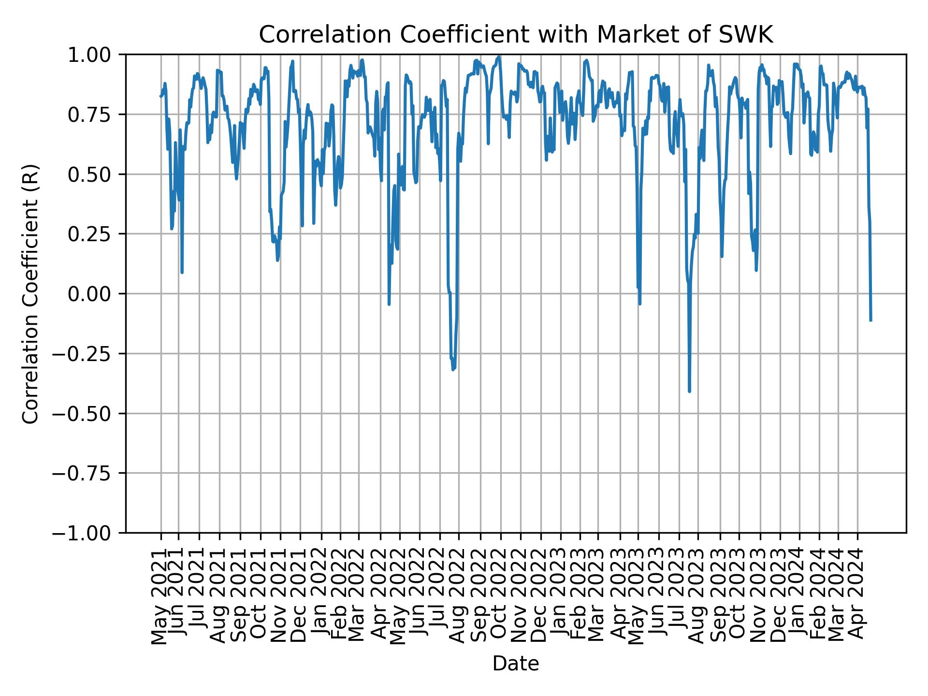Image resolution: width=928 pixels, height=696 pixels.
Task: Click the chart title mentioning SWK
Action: [516, 35]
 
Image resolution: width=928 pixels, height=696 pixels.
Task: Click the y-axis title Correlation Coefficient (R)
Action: [30, 293]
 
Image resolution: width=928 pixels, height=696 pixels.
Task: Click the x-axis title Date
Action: [516, 664]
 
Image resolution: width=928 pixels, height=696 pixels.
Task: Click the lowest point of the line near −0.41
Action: [689, 391]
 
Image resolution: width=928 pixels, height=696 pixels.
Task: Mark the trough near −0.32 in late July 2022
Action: [453, 370]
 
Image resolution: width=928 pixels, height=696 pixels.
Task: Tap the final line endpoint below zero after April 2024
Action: [870, 320]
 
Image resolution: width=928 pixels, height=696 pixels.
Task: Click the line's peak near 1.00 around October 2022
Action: [499, 57]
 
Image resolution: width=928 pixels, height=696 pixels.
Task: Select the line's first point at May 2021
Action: [160, 96]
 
